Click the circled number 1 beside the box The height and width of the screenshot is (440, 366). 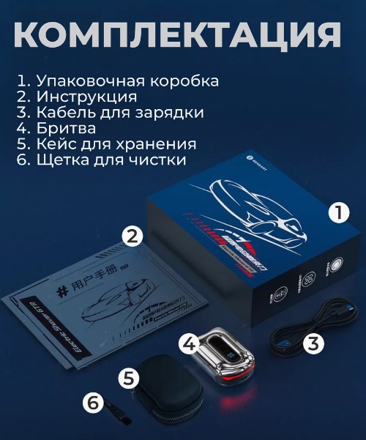tap(339, 212)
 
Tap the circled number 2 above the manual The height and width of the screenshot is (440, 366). tap(130, 236)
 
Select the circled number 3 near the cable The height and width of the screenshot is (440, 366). tap(313, 343)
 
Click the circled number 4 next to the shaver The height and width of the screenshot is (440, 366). tap(189, 343)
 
